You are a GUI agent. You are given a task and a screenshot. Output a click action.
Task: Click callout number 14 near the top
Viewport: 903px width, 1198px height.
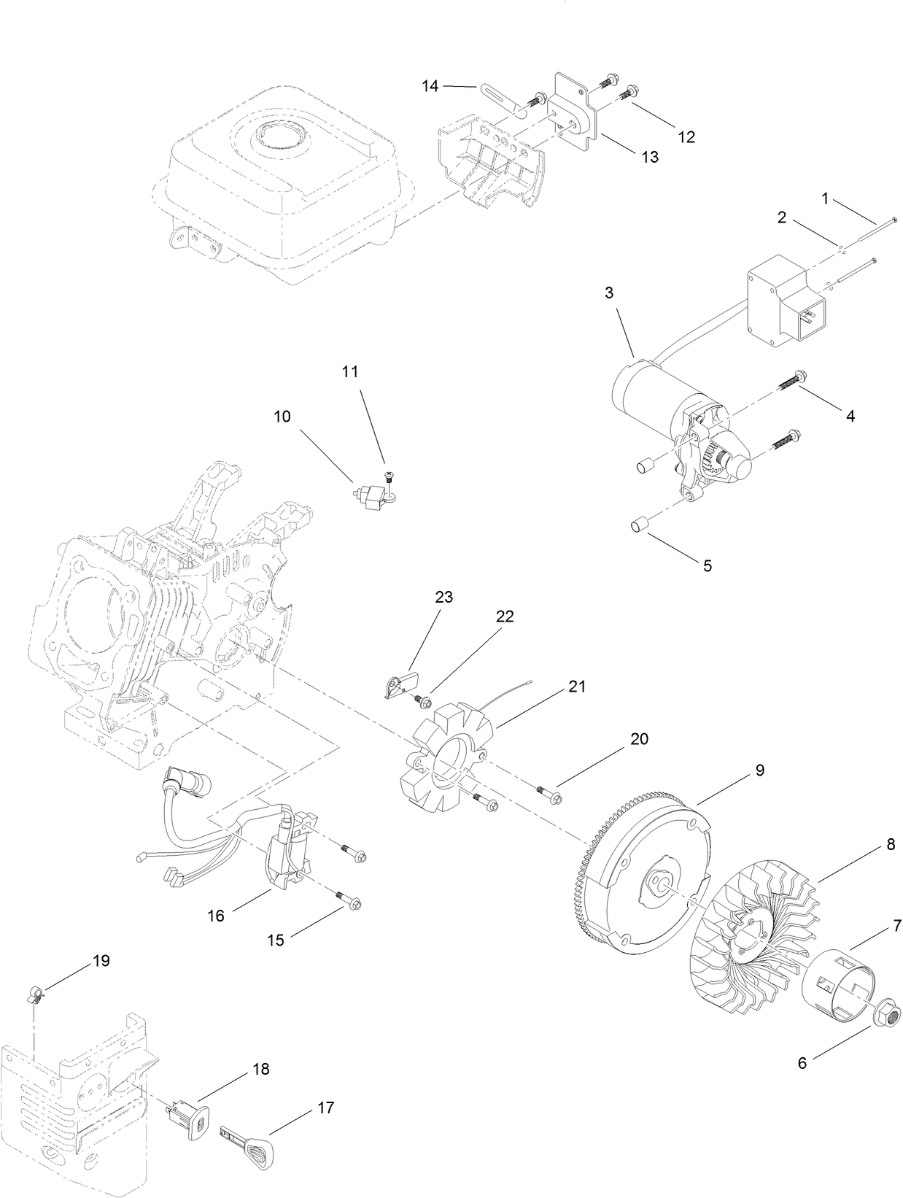(x=430, y=86)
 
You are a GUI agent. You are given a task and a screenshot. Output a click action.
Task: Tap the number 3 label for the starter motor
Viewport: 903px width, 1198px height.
(x=609, y=293)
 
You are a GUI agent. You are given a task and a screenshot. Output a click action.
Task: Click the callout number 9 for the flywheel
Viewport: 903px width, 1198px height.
(x=759, y=770)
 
